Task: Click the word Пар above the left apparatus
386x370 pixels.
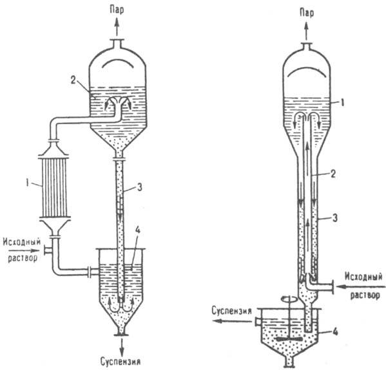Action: [x=117, y=10]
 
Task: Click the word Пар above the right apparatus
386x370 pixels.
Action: [x=307, y=13]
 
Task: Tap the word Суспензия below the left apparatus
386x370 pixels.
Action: [x=121, y=362]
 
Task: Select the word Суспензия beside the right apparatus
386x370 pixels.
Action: [x=231, y=311]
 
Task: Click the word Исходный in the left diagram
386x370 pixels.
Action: [x=22, y=242]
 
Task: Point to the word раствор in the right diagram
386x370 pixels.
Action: [x=365, y=295]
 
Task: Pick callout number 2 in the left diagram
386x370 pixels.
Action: [x=73, y=80]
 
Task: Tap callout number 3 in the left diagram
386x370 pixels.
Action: [x=139, y=187]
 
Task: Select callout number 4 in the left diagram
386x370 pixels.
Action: [x=137, y=230]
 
